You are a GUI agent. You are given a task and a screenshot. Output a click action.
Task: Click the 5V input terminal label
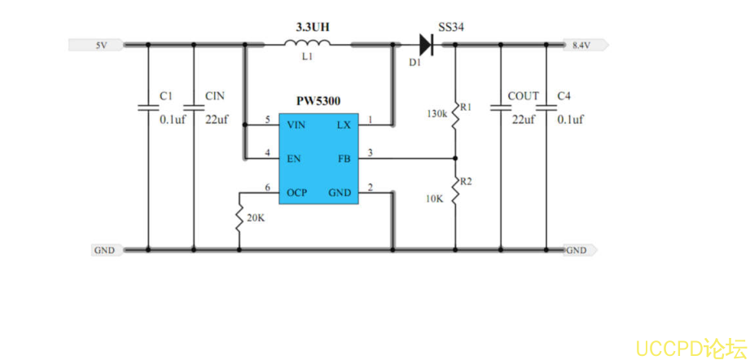coord(101,46)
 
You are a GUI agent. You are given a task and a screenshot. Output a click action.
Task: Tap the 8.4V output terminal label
coord(581,46)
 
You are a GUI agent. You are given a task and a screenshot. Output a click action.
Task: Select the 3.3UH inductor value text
coord(313,27)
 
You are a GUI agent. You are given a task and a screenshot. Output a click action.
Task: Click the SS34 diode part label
coord(451,27)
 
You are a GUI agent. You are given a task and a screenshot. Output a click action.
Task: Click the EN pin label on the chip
coord(292,158)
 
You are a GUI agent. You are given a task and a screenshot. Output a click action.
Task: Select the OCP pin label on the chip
coord(296,193)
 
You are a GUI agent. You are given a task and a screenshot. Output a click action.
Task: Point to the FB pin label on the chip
coord(344,158)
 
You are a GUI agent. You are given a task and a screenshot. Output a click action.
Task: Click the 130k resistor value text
coord(437,114)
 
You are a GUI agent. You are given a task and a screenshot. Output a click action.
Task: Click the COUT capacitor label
coord(523,96)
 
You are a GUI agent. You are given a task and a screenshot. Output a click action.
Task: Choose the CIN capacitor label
coord(215,96)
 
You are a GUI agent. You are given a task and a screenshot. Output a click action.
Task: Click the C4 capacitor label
coord(564,96)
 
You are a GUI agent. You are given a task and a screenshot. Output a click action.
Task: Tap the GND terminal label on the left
coord(104,250)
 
